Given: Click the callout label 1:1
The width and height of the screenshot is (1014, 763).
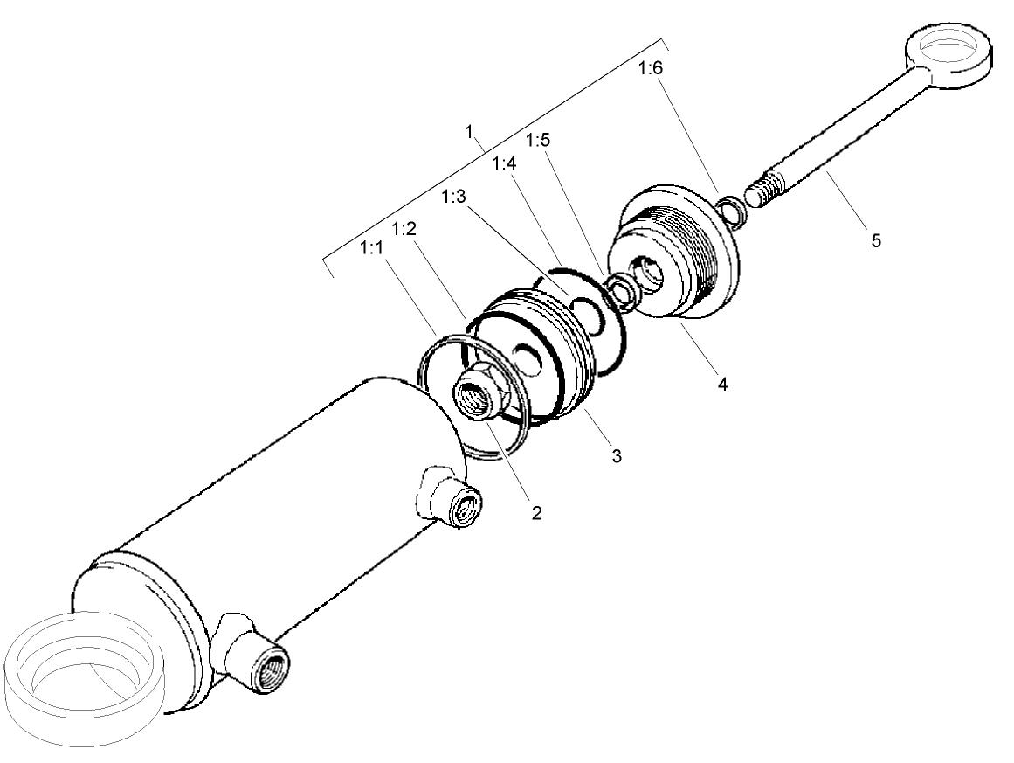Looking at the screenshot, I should tap(370, 249).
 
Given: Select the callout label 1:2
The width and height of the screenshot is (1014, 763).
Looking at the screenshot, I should tap(403, 229).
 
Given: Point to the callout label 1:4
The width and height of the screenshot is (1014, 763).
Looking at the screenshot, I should tap(504, 163).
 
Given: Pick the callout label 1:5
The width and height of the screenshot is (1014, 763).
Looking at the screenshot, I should tap(536, 141).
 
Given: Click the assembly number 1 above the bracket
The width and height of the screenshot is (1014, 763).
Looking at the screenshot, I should tap(470, 132).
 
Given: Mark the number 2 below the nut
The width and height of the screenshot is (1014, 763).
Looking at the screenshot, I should tap(536, 513).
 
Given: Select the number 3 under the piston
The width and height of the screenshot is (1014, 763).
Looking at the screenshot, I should tap(616, 455).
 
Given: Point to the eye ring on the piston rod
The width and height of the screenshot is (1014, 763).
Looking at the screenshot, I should tap(948, 54).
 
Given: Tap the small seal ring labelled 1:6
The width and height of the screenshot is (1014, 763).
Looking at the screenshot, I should tap(728, 212).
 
